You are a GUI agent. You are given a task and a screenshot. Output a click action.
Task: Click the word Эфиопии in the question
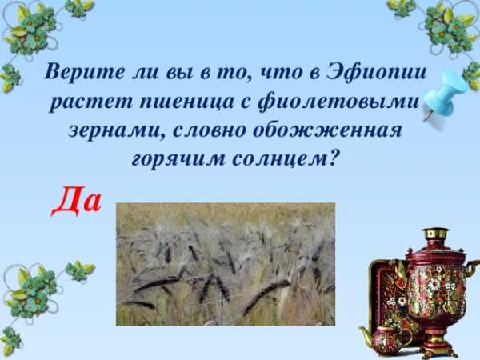377,74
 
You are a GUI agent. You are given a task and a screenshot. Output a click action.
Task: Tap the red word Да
76,201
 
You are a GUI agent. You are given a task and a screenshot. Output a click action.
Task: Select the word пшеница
187,102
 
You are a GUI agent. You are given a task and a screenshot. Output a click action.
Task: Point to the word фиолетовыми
338,102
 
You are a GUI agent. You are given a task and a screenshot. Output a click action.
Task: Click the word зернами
117,130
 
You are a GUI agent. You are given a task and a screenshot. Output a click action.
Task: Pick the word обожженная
328,130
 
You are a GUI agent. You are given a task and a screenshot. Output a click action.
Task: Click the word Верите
85,73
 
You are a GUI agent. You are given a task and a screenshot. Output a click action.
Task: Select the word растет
91,102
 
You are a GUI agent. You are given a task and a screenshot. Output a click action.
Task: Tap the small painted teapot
386,339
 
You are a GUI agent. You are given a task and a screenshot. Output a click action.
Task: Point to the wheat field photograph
226,264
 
